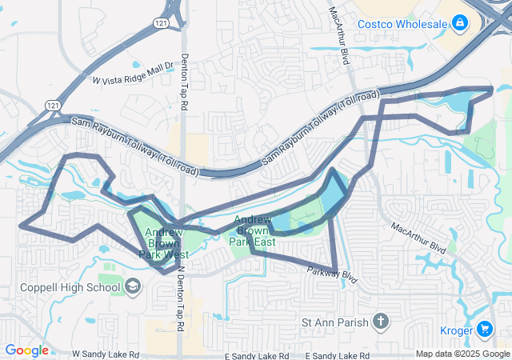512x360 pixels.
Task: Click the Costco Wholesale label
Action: pyautogui.click(x=402, y=24)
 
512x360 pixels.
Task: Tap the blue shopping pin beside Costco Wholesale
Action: pyautogui.click(x=459, y=24)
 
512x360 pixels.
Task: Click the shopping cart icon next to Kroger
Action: pyautogui.click(x=485, y=329)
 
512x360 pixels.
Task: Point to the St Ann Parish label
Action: pyautogui.click(x=334, y=322)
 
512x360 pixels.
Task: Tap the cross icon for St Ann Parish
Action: pyautogui.click(x=381, y=322)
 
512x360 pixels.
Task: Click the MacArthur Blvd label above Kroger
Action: pyautogui.click(x=418, y=238)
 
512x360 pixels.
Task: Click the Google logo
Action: pyautogui.click(x=26, y=350)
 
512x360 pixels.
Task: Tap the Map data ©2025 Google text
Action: pyautogui.click(x=462, y=354)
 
